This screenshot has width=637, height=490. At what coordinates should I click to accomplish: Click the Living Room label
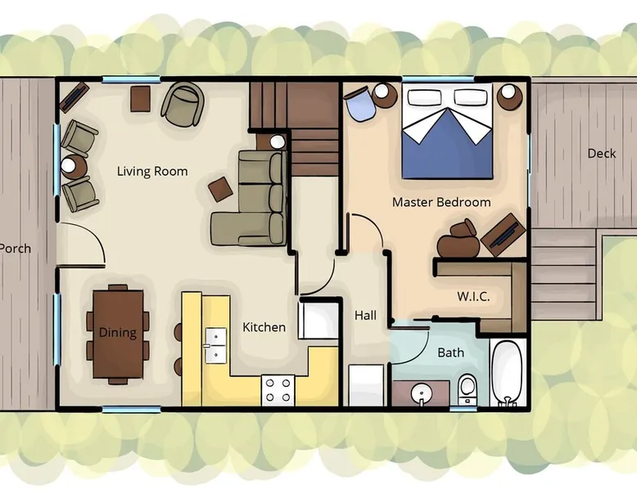point(152,171)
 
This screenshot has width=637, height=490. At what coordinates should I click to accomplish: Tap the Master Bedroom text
point(441,202)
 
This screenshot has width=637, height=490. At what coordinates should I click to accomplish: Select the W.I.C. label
point(473,296)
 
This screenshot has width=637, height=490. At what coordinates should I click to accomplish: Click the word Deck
point(602,154)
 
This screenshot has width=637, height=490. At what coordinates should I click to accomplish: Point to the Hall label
point(365,316)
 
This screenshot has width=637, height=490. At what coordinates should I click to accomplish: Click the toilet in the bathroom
point(468,389)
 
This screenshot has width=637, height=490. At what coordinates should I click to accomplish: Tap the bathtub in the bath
point(508,372)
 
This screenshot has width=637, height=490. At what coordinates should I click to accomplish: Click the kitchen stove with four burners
point(278,390)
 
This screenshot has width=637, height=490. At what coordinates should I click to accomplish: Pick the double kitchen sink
point(215,345)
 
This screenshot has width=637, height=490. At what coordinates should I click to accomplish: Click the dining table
point(118,334)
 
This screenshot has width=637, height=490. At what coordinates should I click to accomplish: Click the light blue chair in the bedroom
point(359,105)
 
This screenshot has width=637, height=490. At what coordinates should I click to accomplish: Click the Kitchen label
point(264,327)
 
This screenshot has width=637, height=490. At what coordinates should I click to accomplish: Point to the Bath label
point(450,353)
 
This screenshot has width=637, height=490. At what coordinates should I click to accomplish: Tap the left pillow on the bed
point(425,97)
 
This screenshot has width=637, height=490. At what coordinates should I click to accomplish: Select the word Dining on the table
point(118,333)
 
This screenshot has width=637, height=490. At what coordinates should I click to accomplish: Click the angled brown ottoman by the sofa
point(221,189)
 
